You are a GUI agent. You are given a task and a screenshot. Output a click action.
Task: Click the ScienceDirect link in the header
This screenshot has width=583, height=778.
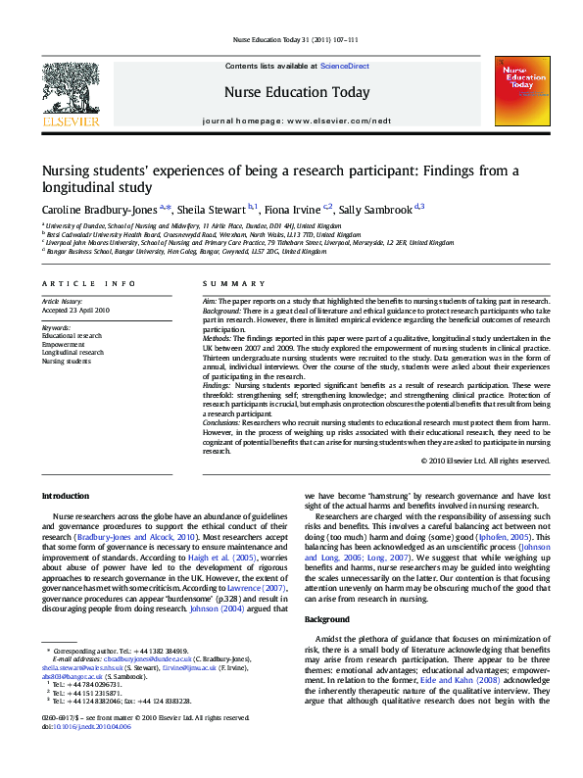[x=345, y=66]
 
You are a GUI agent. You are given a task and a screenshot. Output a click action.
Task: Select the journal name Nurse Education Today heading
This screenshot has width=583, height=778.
[x=298, y=93]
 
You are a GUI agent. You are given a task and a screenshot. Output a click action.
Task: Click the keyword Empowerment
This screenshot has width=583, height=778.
[x=63, y=344]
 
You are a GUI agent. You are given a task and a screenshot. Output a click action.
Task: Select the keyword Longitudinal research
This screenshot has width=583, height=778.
[x=72, y=353]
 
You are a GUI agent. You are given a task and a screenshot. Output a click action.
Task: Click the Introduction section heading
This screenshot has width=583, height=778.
[x=66, y=497]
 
